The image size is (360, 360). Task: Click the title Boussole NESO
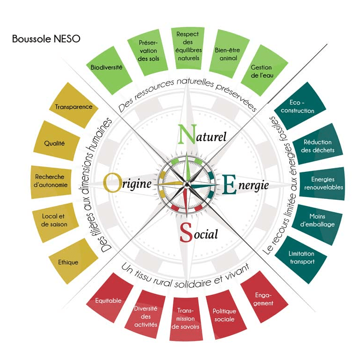click(x=46, y=39)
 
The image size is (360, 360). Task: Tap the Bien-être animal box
click(x=229, y=54)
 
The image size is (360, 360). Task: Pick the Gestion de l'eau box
click(x=264, y=70)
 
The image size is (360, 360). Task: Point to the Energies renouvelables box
click(x=322, y=183)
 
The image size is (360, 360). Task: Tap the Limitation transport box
click(x=301, y=260)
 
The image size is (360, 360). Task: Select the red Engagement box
click(x=264, y=297)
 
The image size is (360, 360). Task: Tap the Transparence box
click(x=74, y=106)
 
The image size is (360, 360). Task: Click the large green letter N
click(x=188, y=134)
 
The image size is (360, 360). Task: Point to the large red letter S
click(x=186, y=232)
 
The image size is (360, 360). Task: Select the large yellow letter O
click(x=112, y=183)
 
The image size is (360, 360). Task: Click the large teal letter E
click(x=230, y=184)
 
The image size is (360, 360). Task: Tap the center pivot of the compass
click(x=187, y=184)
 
